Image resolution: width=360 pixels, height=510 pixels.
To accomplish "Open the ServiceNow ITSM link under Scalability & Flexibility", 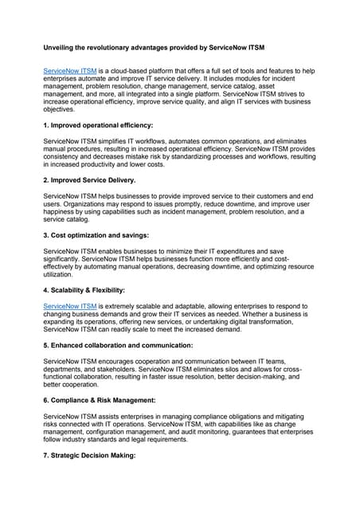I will click(x=69, y=305).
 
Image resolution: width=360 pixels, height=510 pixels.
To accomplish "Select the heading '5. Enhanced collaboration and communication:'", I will click(x=118, y=345).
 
